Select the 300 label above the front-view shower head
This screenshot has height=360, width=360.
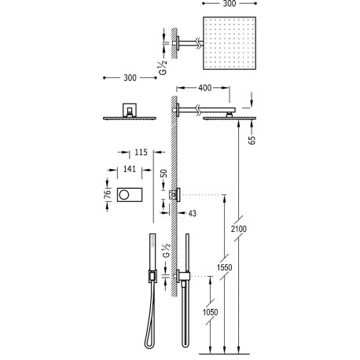point(130,77)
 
